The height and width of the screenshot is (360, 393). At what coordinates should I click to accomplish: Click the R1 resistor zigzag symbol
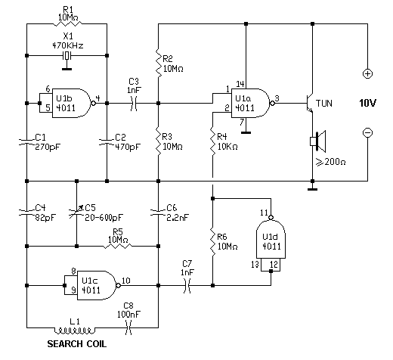pyautogui.click(x=67, y=24)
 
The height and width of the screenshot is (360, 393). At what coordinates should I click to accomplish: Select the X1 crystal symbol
pyautogui.click(x=67, y=55)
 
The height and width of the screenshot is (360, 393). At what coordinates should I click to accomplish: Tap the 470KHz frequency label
pyautogui.click(x=68, y=45)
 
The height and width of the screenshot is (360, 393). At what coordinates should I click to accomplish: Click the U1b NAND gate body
pyautogui.click(x=71, y=103)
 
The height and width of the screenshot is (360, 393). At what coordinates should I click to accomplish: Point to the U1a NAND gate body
pyautogui.click(x=250, y=103)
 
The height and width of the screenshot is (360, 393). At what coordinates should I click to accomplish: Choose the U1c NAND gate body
pyautogui.click(x=96, y=285)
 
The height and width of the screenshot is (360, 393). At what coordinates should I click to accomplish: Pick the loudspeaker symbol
pyautogui.click(x=318, y=141)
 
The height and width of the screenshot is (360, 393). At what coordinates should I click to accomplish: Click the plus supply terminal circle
pyautogui.click(x=367, y=73)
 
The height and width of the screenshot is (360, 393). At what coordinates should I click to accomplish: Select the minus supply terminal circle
pyautogui.click(x=367, y=132)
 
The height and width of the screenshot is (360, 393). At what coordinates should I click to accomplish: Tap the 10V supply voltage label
pyautogui.click(x=367, y=103)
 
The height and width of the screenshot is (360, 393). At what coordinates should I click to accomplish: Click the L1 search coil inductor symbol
pyautogui.click(x=75, y=331)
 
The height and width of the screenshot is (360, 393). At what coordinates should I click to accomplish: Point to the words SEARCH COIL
pyautogui.click(x=77, y=344)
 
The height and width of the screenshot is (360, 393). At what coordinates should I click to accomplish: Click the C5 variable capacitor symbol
pyautogui.click(x=76, y=213)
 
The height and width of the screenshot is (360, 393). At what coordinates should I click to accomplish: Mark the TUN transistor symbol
pyautogui.click(x=310, y=104)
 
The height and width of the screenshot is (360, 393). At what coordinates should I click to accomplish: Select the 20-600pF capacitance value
pyautogui.click(x=104, y=218)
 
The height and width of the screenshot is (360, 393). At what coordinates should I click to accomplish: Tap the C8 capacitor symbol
pyautogui.click(x=128, y=327)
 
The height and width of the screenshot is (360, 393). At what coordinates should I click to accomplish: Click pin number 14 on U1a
pyautogui.click(x=240, y=84)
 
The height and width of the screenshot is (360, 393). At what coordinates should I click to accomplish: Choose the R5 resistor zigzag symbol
pyautogui.click(x=118, y=246)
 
